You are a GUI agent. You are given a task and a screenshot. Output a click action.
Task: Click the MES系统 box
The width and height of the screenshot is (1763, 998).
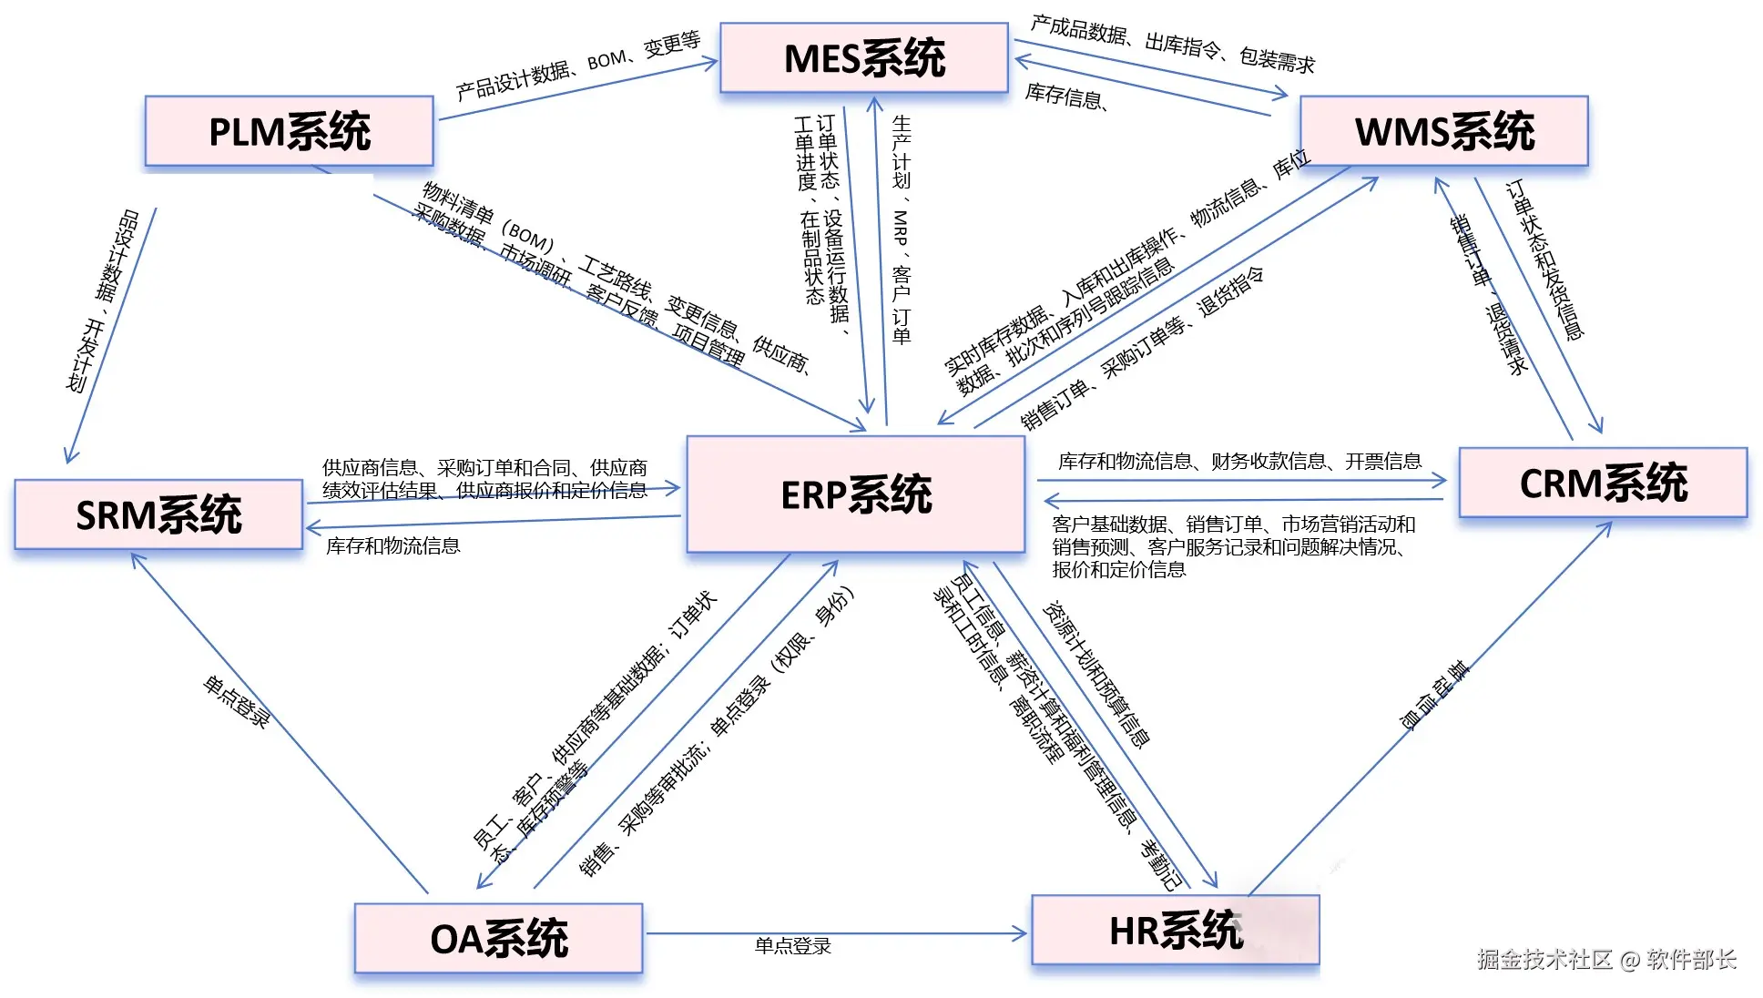(863, 58)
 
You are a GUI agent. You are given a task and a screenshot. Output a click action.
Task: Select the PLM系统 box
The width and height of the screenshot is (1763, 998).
(289, 131)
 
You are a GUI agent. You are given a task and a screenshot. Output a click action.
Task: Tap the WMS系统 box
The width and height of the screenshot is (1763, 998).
(1443, 131)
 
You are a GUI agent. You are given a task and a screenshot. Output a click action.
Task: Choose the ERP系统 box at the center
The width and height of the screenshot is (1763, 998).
(855, 494)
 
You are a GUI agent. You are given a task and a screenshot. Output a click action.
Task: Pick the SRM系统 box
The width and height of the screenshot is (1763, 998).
(158, 514)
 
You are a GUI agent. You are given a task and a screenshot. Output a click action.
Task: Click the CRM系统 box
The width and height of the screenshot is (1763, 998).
(1603, 483)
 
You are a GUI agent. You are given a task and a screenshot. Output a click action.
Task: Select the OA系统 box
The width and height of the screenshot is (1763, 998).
(498, 939)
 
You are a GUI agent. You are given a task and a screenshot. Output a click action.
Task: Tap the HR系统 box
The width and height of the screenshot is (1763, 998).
(1175, 931)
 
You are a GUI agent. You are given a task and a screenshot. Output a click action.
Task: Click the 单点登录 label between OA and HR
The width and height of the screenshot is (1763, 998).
(792, 946)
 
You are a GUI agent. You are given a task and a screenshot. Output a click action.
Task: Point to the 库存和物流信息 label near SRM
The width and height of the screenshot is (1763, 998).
(392, 545)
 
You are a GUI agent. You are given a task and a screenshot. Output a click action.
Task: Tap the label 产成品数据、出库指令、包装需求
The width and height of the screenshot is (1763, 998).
(1172, 43)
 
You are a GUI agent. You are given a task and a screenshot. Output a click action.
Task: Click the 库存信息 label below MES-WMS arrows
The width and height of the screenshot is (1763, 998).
(1065, 96)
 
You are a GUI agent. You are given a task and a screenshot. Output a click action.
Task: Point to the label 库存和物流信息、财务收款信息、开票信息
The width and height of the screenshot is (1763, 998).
(1238, 462)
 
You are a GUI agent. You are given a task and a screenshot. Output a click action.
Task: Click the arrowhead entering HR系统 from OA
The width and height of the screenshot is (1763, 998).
(1021, 933)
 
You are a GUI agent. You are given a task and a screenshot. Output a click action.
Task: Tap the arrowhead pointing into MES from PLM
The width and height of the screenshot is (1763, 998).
(710, 62)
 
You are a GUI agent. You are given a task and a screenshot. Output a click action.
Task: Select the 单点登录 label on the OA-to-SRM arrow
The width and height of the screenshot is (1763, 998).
(236, 701)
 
